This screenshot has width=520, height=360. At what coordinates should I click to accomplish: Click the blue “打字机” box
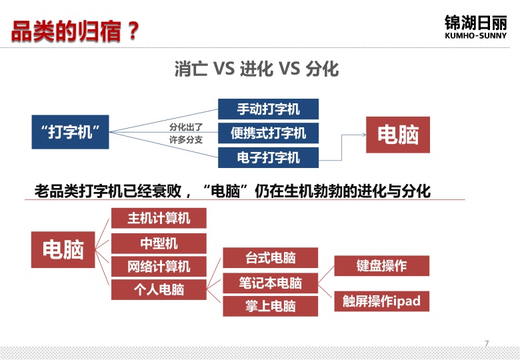70,132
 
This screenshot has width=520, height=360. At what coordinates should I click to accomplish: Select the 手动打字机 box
268,109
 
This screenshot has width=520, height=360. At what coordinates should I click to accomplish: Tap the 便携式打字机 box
268,133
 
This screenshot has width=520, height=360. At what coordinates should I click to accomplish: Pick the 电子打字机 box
268,157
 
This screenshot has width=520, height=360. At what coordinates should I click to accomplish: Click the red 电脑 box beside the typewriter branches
398,135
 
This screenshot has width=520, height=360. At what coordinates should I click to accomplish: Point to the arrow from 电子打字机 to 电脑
342,147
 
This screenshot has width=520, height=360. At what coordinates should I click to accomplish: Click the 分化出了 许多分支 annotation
186,133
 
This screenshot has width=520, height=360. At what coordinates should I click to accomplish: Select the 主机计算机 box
159,218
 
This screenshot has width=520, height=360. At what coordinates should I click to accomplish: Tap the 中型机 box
159,243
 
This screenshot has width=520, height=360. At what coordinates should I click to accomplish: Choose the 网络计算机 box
159,266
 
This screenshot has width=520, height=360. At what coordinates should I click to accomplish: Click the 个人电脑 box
159,289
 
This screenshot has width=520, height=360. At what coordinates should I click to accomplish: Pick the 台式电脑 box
270,257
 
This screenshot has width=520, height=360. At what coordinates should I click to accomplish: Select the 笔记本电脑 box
270,283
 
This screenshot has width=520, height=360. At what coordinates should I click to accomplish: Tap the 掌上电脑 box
270,306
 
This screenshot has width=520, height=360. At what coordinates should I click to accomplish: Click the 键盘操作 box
382,265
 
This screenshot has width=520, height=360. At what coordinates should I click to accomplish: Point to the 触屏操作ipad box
382,301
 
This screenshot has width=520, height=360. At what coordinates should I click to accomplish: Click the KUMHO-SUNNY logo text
476,35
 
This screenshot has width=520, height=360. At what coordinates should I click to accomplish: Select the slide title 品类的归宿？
75,31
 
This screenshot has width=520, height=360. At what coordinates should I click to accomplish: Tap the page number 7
487,343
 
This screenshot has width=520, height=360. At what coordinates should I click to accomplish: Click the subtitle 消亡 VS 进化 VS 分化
257,69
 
